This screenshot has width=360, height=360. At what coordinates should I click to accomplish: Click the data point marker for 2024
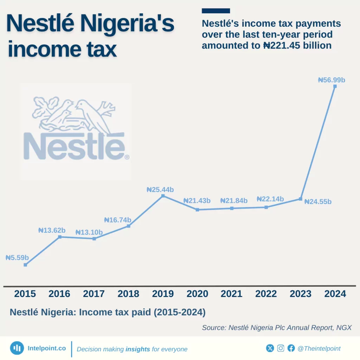pos(335,86)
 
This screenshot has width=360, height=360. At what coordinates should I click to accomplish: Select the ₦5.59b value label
pos(17,258)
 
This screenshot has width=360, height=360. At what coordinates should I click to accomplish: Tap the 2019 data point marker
pos(163,195)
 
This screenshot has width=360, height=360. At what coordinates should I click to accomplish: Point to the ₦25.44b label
pos(160,189)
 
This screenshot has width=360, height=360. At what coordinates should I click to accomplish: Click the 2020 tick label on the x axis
pos(197,294)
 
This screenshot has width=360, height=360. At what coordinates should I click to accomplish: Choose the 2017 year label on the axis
pos(94,294)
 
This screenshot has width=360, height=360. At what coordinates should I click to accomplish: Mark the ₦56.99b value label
pos(332,80)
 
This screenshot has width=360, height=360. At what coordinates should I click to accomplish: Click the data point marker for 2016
pos(60,237)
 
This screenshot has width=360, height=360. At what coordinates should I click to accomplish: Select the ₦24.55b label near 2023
pos(318,202)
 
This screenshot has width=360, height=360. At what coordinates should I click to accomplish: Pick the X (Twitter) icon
pos(270,348)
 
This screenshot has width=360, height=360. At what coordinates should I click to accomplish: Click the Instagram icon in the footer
pos(281,348)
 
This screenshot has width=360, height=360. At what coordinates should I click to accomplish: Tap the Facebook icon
pos(291,348)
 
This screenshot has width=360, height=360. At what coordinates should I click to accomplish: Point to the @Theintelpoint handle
pos(319,348)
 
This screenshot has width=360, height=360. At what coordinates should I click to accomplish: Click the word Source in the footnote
pos(213,328)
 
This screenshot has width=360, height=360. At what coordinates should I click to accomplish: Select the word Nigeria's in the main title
pos(127,24)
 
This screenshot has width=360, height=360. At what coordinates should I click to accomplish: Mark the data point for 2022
pos(266,207)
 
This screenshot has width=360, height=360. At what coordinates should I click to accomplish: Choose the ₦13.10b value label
pos(89,232)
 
